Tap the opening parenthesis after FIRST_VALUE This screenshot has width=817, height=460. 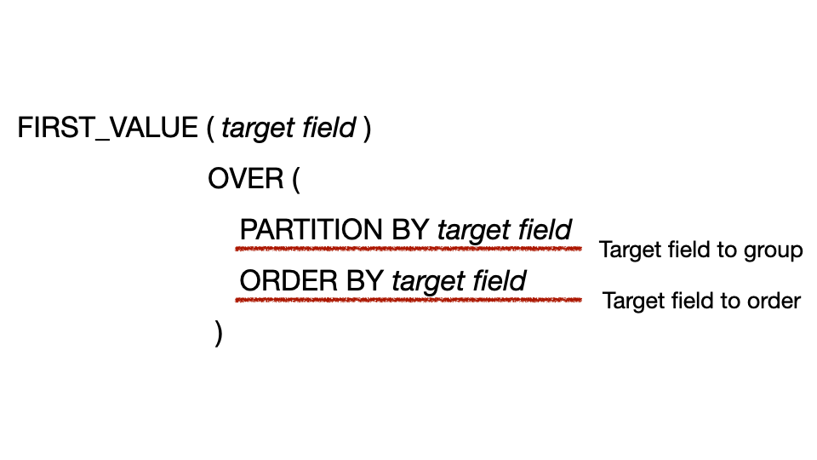pyautogui.click(x=210, y=129)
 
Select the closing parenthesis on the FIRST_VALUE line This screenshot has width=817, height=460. pyautogui.click(x=367, y=129)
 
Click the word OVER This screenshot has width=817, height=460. pyautogui.click(x=245, y=179)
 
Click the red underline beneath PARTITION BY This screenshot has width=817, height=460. pyautogui.click(x=408, y=250)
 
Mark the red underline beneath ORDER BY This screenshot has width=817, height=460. pyautogui.click(x=408, y=300)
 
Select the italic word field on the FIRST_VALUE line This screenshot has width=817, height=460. pyautogui.click(x=329, y=129)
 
